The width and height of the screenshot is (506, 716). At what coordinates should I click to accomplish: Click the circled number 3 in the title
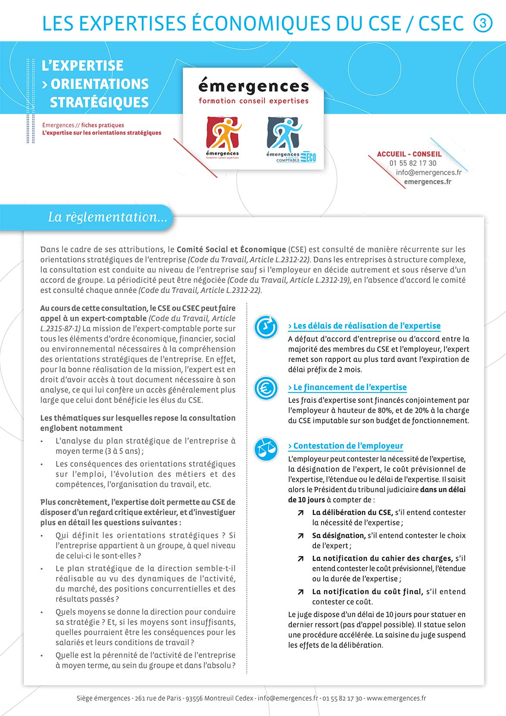click(x=483, y=22)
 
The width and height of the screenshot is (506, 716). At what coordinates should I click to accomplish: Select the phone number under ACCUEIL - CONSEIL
click(x=412, y=163)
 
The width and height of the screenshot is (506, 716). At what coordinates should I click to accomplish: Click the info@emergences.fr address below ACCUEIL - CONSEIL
click(x=428, y=173)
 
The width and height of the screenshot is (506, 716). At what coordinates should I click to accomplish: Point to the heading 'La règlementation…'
click(x=107, y=217)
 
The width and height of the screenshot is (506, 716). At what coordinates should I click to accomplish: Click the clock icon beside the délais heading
click(x=265, y=327)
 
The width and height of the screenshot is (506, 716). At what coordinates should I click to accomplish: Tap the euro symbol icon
click(x=265, y=388)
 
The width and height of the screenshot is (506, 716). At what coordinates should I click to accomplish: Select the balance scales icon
click(x=265, y=449)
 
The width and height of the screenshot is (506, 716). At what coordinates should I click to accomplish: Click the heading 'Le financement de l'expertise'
click(x=347, y=387)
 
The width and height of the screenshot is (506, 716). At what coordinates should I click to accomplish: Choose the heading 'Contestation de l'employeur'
click(x=346, y=446)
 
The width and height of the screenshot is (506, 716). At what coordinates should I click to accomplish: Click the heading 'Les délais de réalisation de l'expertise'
click(x=364, y=326)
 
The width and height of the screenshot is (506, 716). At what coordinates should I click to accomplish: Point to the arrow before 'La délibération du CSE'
click(x=300, y=513)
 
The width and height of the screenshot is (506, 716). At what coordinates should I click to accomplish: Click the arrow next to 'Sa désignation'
click(x=300, y=536)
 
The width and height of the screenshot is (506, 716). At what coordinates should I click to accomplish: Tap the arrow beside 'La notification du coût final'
click(x=300, y=592)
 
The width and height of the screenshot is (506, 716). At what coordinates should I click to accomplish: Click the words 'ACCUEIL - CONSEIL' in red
click(x=409, y=154)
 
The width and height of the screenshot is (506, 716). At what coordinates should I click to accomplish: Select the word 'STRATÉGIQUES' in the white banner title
click(x=99, y=103)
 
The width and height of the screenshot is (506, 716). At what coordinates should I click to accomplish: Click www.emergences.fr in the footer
click(x=396, y=698)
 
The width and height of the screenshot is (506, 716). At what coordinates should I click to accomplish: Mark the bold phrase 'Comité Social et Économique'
click(x=231, y=249)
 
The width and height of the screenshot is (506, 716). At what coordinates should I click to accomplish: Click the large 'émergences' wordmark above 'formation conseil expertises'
click(x=253, y=87)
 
